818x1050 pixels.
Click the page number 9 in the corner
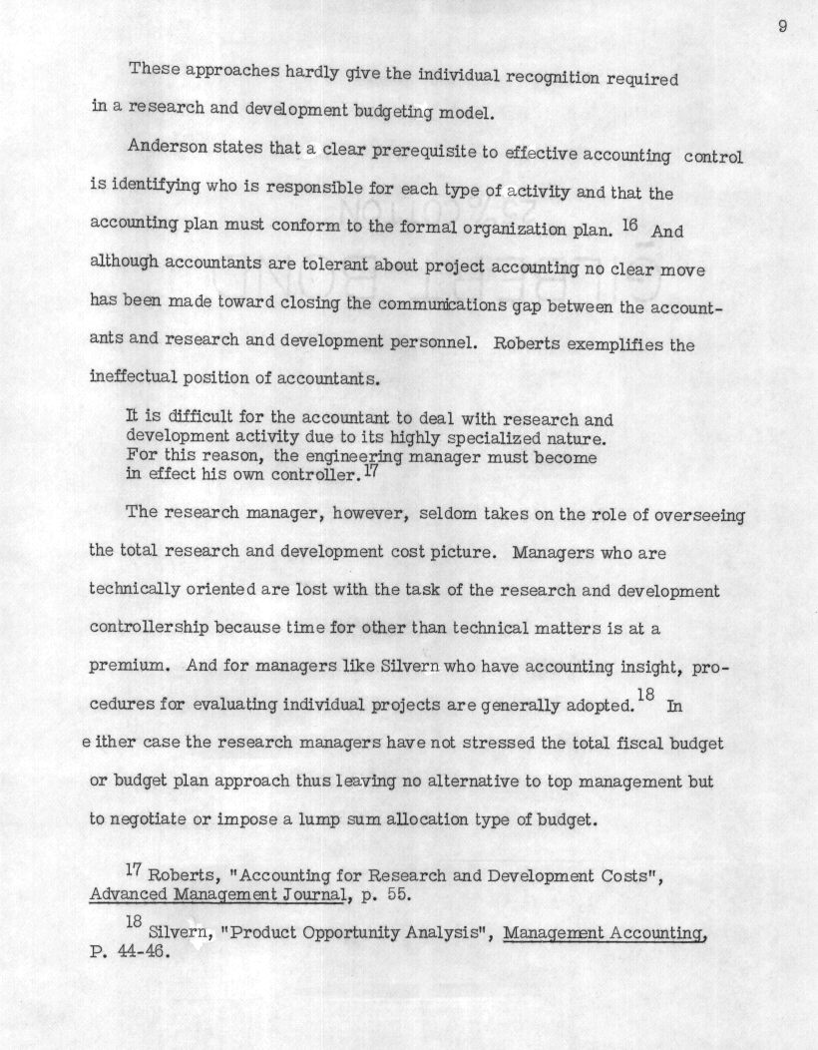(783, 27)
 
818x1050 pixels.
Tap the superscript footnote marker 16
(628, 225)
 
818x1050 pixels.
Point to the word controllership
(149, 629)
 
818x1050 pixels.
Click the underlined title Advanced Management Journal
(218, 894)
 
